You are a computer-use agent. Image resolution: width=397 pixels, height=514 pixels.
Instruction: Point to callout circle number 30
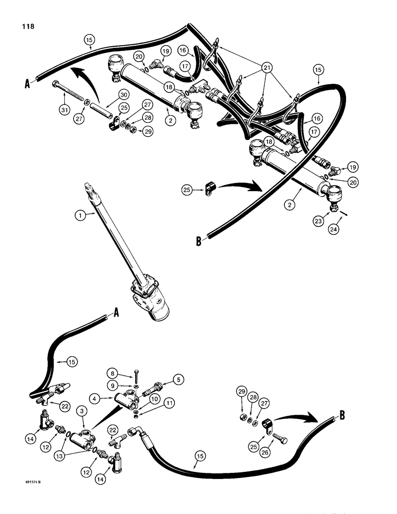(123, 95)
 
